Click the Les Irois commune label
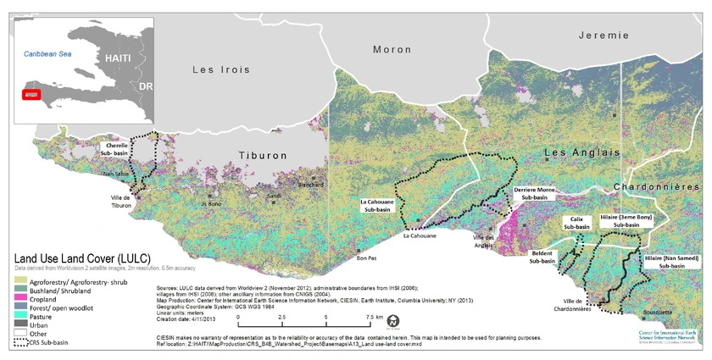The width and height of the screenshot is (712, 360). pyautogui.click(x=215, y=69)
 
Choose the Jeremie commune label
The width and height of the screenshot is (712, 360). pyautogui.click(x=604, y=36)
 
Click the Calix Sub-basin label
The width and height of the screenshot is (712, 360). pyautogui.click(x=576, y=224)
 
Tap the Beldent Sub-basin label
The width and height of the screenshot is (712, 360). pyautogui.click(x=542, y=258)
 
